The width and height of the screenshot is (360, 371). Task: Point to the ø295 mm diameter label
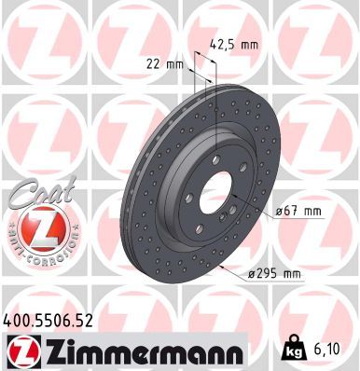[x=274, y=273]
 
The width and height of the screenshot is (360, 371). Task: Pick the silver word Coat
[x=37, y=192]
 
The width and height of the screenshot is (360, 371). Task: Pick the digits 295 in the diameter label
[x=270, y=273]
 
